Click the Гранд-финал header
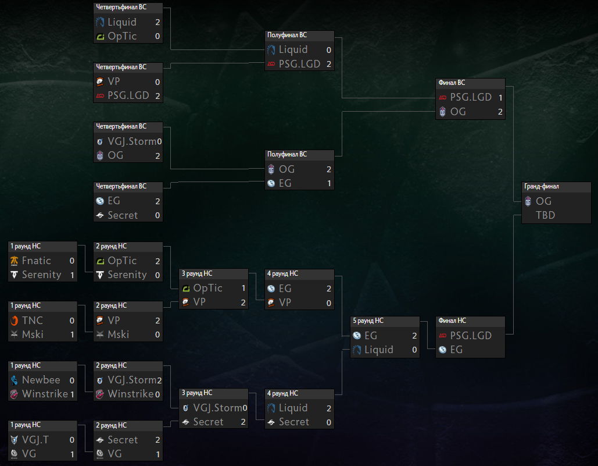tap(541, 187)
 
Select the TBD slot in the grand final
tap(545, 215)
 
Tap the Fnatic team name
tap(36, 261)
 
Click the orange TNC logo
tap(14, 321)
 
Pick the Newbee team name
tap(41, 380)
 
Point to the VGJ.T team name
tap(35, 440)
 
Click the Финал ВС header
tap(452, 83)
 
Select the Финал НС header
tap(452, 321)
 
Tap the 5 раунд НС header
tap(368, 321)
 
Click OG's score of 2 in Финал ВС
tap(500, 112)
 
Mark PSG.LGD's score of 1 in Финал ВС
tap(500, 98)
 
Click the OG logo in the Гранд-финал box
tap(528, 201)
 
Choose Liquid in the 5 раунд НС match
tap(379, 350)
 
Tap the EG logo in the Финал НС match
tap(442, 350)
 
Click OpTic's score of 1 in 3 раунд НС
tap(244, 288)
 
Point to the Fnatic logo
tap(14, 261)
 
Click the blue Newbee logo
tap(14, 380)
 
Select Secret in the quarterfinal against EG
tap(123, 215)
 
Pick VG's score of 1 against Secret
tap(157, 454)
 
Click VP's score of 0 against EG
tap(329, 303)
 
